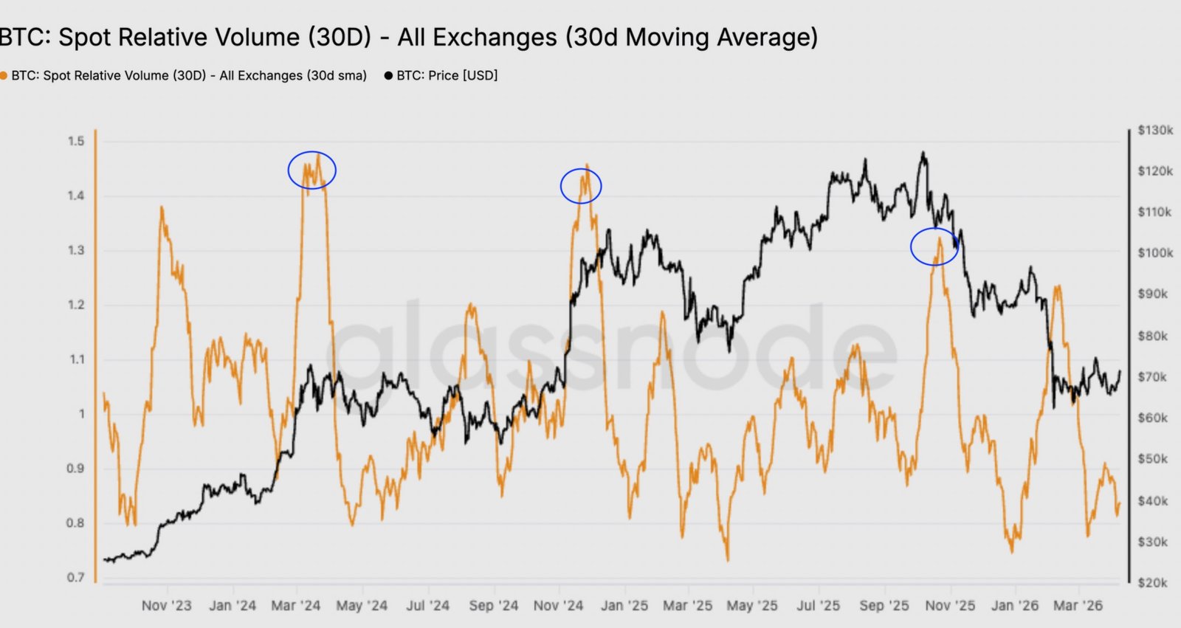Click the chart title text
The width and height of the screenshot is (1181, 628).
[407, 37]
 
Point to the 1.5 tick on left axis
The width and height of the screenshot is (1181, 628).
[77, 141]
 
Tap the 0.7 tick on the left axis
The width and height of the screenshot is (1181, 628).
[76, 577]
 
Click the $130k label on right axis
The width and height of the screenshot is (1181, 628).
[1155, 131]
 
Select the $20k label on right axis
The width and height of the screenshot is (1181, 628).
[1152, 583]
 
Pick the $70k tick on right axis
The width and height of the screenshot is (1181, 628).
[1152, 377]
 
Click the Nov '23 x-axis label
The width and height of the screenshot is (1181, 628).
[166, 606]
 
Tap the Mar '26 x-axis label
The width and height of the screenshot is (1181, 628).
[1078, 606]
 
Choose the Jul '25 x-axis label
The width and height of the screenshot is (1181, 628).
[818, 606]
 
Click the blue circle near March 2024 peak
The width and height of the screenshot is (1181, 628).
[312, 170]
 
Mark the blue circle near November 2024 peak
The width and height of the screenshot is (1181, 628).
[581, 185]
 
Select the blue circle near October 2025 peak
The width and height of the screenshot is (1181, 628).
[934, 246]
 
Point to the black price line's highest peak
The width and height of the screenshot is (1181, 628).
[923, 153]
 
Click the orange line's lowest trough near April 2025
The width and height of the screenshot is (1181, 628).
[727, 560]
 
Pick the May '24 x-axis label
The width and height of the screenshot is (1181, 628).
[362, 606]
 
